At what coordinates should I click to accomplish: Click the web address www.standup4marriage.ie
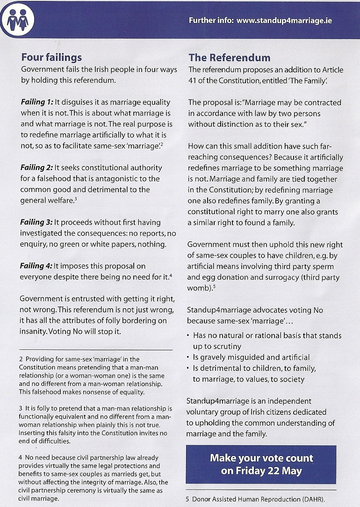(x=284, y=21)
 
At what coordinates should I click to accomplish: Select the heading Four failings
(x=51, y=58)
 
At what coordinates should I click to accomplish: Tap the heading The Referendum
(x=229, y=58)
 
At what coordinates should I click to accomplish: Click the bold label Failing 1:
(x=36, y=102)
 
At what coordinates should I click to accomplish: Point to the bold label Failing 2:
(x=36, y=167)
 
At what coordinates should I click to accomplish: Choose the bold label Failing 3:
(x=36, y=222)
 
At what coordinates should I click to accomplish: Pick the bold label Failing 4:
(x=36, y=266)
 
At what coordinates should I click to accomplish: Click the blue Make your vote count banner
(x=261, y=464)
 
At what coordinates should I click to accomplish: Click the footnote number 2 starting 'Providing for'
(x=21, y=359)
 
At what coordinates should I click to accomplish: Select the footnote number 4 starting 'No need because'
(x=21, y=457)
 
